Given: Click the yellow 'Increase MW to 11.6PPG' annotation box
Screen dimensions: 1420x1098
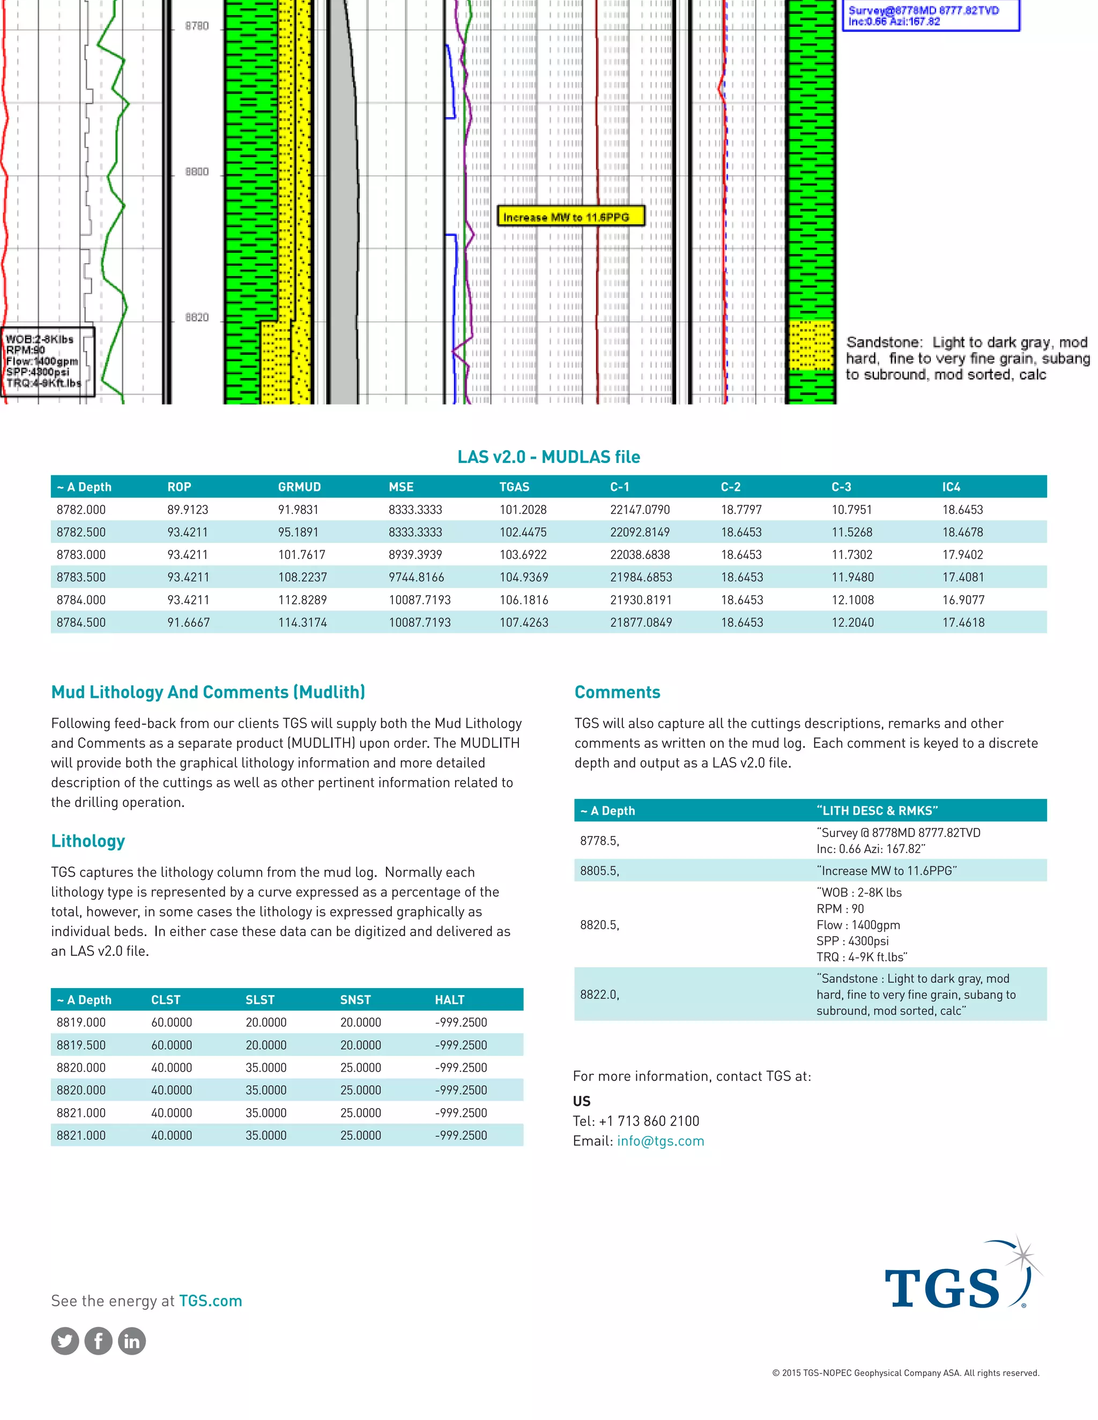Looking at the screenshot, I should [570, 216].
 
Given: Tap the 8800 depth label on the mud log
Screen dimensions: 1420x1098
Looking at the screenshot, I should [196, 171].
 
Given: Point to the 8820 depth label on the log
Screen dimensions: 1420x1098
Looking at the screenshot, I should [196, 317].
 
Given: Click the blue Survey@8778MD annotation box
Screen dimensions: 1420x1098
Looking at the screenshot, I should [930, 16].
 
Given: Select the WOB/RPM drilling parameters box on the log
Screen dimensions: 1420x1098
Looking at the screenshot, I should [47, 362].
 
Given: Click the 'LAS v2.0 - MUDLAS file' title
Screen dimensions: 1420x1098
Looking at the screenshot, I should [548, 457].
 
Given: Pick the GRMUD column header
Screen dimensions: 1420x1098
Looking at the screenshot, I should [299, 487].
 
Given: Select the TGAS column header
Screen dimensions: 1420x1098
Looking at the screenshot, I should [514, 487].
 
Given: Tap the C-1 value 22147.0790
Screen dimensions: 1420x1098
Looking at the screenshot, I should [640, 510].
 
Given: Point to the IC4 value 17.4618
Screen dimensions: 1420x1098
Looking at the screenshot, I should [963, 622].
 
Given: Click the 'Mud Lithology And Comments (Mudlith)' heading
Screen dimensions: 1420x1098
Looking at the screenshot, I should [208, 692].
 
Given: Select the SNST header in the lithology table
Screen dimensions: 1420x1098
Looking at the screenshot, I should [355, 1000].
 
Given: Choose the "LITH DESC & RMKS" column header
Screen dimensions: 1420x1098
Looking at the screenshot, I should [876, 811].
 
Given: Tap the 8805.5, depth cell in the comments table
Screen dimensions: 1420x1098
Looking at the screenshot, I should [599, 871].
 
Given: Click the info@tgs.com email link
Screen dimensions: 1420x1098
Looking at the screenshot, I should [660, 1141].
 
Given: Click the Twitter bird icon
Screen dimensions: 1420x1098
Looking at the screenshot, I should [65, 1341].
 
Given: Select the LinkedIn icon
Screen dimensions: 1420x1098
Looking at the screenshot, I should [132, 1341].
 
